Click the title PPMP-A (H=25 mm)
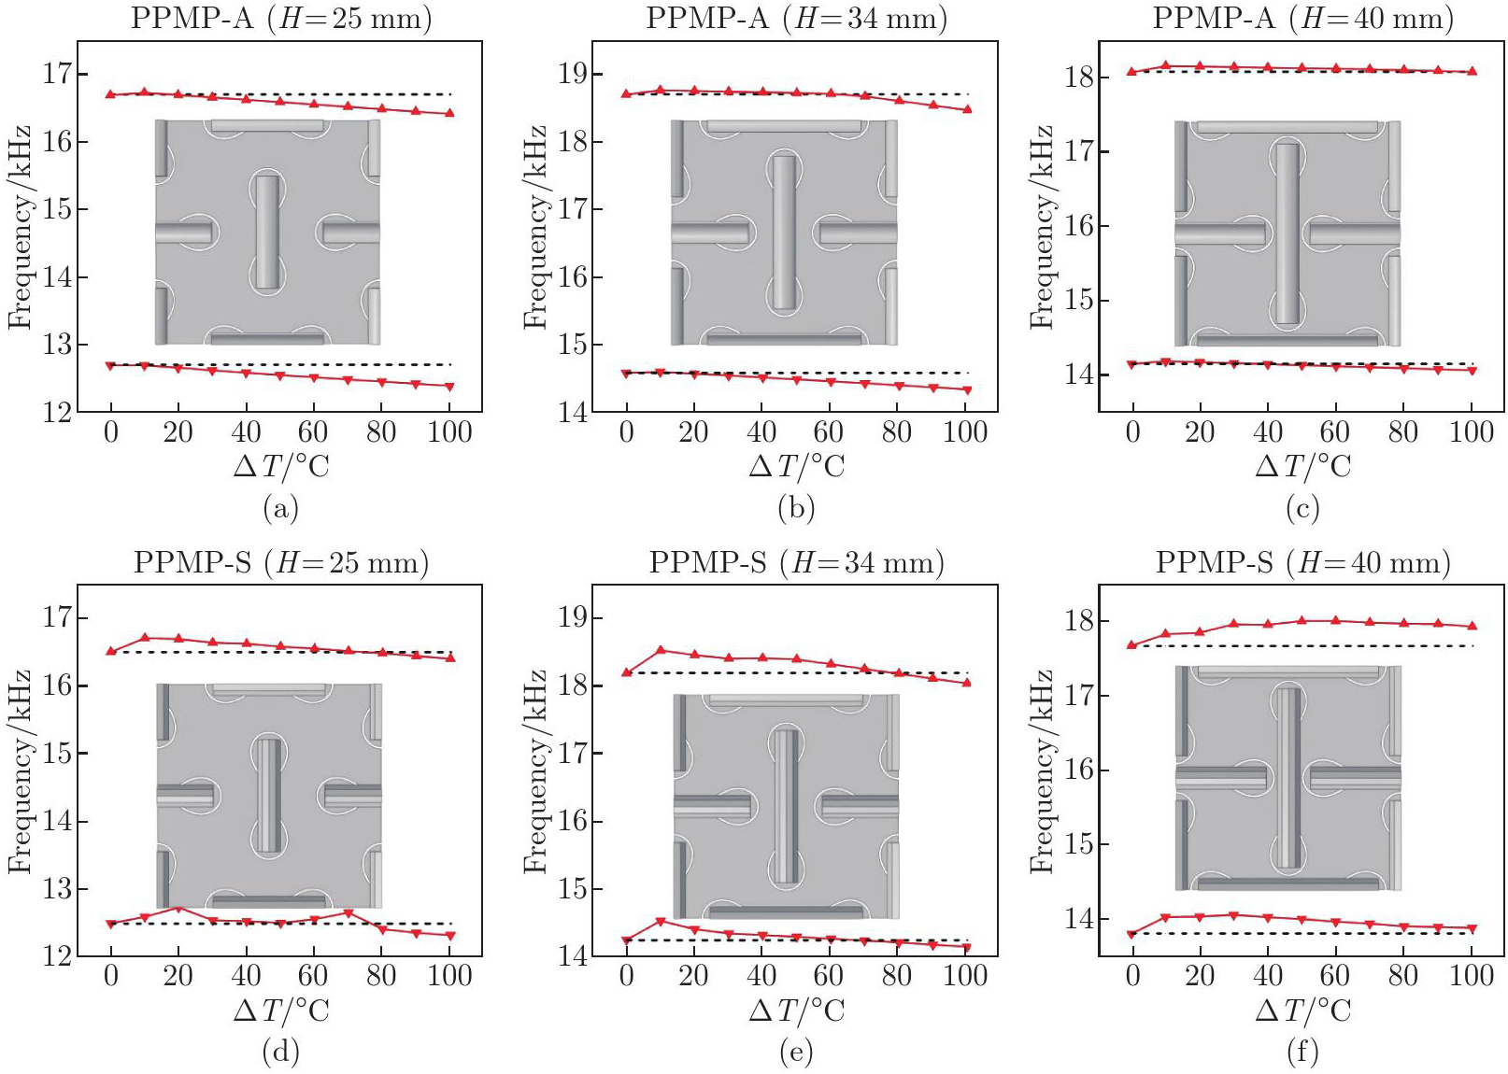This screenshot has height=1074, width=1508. click(280, 18)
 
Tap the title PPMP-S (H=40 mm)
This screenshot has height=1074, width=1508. click(1302, 562)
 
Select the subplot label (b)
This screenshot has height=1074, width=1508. click(795, 508)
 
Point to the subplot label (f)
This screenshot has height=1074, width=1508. click(1302, 1053)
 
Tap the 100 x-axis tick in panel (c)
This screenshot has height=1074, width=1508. click(1471, 432)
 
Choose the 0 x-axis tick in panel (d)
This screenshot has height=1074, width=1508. click(111, 976)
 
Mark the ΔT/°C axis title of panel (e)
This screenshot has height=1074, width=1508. click(796, 1010)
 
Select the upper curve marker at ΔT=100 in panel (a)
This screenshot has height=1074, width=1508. click(449, 113)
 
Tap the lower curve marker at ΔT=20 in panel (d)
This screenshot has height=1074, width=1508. click(178, 907)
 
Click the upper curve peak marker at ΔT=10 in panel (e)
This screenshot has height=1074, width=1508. click(661, 650)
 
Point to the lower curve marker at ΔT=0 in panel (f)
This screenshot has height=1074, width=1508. click(1132, 934)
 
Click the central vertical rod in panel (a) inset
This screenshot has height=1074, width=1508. click(267, 232)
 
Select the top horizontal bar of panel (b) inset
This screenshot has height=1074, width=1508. click(784, 126)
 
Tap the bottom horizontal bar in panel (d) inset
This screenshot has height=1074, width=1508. click(268, 901)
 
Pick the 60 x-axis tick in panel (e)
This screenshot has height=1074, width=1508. click(829, 976)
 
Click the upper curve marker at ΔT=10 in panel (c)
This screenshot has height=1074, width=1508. click(1166, 65)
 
